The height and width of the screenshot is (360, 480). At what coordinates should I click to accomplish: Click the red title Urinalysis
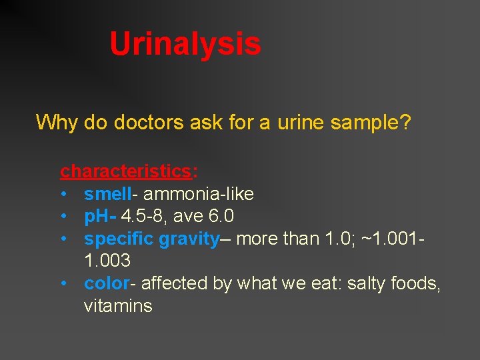pyautogui.click(x=185, y=44)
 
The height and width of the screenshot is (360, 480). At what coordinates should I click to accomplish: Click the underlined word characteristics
pyautogui.click(x=125, y=171)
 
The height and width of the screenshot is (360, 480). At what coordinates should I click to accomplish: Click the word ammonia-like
pyautogui.click(x=198, y=194)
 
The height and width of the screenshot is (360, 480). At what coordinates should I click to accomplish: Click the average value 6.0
pyautogui.click(x=219, y=217)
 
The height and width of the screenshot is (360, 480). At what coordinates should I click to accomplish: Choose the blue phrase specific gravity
pyautogui.click(x=151, y=239)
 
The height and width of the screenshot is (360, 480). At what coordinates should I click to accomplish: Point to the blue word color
pyautogui.click(x=107, y=283)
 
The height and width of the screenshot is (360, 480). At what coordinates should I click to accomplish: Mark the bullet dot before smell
pyautogui.click(x=62, y=195)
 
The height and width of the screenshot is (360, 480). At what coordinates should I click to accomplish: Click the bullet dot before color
pyautogui.click(x=62, y=283)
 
